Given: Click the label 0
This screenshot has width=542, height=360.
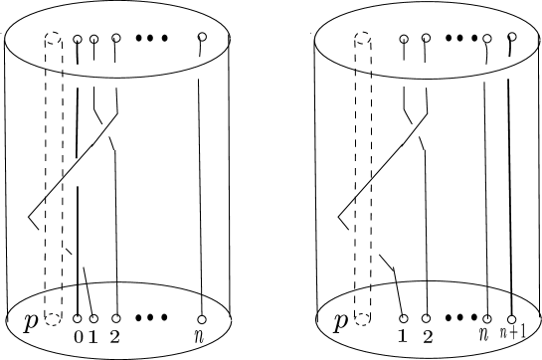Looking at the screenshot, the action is (78, 335).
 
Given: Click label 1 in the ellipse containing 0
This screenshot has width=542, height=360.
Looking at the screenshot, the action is (93, 335).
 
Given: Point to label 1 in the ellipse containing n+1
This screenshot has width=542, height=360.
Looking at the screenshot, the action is (403, 335).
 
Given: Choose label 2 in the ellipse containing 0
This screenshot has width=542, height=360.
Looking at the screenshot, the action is (115, 335).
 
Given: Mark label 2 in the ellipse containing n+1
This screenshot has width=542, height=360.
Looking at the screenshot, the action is (427, 335).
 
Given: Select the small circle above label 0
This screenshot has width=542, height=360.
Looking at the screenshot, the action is (78, 318).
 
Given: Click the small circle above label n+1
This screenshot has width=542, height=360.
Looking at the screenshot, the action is (511, 318).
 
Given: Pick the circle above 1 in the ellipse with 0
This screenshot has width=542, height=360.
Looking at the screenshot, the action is (93, 318).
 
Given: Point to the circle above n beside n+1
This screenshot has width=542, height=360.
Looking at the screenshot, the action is (487, 318).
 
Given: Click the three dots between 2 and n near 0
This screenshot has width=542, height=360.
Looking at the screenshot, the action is (152, 318).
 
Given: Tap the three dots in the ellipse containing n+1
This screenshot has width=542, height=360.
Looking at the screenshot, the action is (460, 318).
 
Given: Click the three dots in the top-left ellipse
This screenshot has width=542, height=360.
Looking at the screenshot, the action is (152, 39).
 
